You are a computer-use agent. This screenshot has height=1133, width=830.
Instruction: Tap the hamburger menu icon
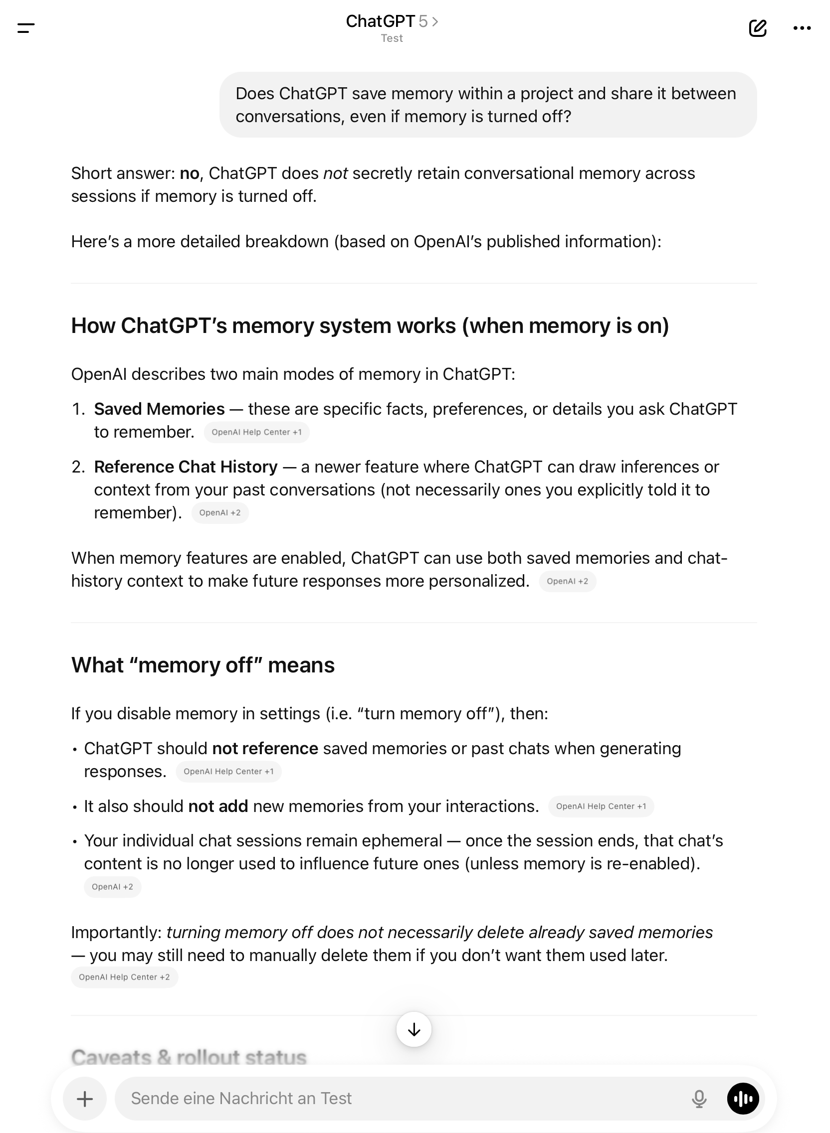(26, 28)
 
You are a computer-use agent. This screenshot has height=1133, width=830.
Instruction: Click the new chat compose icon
(757, 28)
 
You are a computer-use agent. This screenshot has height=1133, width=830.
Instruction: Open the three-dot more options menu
(802, 28)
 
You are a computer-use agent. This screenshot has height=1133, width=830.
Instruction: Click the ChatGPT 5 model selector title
(392, 21)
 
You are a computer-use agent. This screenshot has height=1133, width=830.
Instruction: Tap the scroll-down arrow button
(414, 1030)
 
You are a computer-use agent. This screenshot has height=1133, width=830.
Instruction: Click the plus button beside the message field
(84, 1099)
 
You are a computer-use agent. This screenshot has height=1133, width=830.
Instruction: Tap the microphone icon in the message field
(699, 1099)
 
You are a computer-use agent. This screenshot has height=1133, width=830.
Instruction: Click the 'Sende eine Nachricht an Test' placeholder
(241, 1099)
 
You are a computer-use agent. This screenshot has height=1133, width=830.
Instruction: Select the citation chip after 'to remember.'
(256, 432)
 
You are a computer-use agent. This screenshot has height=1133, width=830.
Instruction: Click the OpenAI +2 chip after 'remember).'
(219, 512)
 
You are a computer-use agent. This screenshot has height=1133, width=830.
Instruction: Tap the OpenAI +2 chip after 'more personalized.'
(567, 581)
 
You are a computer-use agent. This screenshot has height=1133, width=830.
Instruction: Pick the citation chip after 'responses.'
(228, 772)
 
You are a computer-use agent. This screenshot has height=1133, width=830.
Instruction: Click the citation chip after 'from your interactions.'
(601, 806)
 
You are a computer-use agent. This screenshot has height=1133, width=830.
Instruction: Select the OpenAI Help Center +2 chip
(124, 977)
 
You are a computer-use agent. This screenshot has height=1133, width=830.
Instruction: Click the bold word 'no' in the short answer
(190, 173)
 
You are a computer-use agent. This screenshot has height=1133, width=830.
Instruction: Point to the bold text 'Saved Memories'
(159, 409)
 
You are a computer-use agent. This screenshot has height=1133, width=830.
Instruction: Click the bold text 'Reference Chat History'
(186, 467)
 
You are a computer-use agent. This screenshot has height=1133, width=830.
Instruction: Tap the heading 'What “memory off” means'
(203, 665)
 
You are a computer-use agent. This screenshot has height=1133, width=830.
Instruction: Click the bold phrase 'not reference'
(265, 749)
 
